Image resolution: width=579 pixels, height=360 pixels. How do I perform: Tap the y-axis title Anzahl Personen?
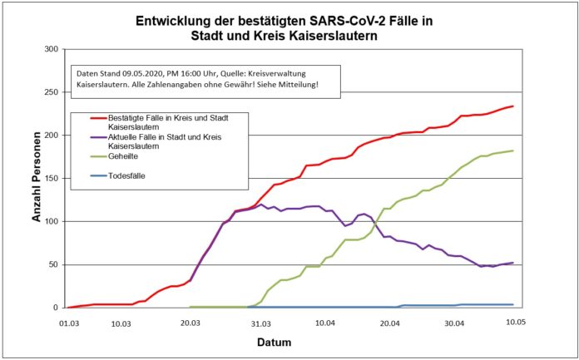(36, 178)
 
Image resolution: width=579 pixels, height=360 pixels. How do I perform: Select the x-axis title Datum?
(291, 341)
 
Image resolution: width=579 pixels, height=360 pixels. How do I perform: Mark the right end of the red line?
(513, 106)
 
